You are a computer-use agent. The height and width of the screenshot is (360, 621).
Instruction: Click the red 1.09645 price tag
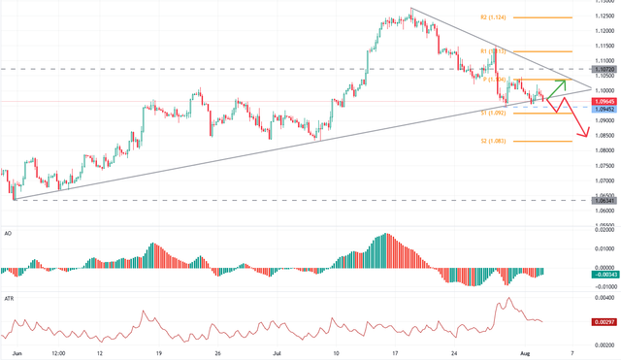[x=605, y=101]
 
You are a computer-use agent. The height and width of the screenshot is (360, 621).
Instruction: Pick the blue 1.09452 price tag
[x=605, y=109]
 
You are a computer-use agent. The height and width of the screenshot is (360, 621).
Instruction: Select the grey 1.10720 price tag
[x=605, y=70]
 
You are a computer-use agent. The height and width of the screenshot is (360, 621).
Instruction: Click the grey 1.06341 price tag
[x=605, y=200]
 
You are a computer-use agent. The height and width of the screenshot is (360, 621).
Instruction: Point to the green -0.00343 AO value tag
[x=605, y=275]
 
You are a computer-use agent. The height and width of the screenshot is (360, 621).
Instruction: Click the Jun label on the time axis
[x=15, y=353]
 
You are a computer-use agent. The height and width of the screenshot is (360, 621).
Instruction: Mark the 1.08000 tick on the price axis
[x=605, y=150]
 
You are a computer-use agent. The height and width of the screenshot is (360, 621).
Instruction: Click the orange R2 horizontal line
[x=543, y=17]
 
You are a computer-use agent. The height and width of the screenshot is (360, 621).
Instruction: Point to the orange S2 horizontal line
[x=543, y=141]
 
